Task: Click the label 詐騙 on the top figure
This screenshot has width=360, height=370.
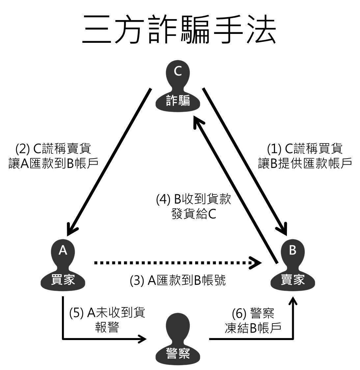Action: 178,100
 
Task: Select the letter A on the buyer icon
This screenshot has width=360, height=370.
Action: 63,251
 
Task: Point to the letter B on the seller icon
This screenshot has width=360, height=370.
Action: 292,251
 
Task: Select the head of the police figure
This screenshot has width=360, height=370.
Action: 178,326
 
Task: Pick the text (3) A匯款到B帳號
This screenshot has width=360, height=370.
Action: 178,280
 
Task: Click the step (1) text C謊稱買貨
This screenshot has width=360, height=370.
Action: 305,149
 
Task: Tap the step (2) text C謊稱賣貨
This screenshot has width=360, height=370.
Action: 53,149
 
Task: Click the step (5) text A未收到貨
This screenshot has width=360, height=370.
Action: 107,313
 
